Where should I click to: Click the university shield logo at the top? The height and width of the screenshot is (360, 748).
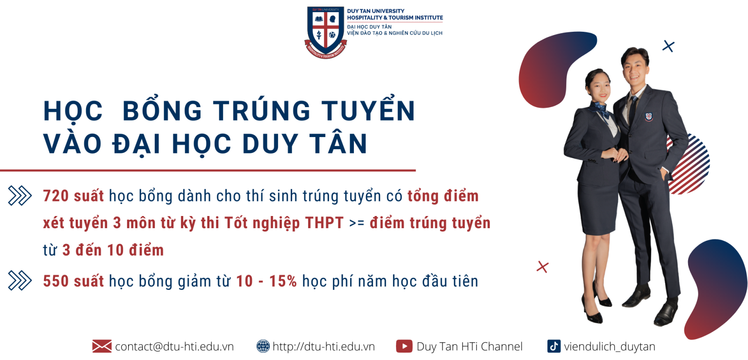click(325, 32)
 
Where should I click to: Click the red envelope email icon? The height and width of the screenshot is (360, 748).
click(102, 346)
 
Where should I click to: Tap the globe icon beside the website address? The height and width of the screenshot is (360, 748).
click(263, 346)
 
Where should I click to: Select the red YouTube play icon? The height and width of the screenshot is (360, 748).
click(404, 346)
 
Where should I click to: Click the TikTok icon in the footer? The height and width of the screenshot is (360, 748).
click(554, 346)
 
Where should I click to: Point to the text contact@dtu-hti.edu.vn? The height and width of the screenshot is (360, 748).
click(174, 346)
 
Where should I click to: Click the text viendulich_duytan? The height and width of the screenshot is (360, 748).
click(610, 346)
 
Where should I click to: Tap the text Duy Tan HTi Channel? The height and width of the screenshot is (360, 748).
click(469, 346)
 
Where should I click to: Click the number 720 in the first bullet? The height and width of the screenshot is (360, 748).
click(56, 196)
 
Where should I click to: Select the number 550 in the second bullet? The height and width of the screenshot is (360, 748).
click(56, 281)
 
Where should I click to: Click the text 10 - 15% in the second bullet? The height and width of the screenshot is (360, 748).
click(266, 281)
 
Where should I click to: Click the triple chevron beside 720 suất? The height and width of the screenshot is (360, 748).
click(20, 195)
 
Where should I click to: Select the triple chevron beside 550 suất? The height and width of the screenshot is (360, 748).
click(20, 280)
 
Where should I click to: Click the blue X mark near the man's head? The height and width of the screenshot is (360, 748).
click(669, 46)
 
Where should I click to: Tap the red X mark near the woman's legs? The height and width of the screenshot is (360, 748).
click(543, 267)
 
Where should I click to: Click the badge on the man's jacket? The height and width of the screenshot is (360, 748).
click(648, 116)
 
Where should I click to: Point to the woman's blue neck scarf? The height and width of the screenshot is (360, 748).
click(599, 109)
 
